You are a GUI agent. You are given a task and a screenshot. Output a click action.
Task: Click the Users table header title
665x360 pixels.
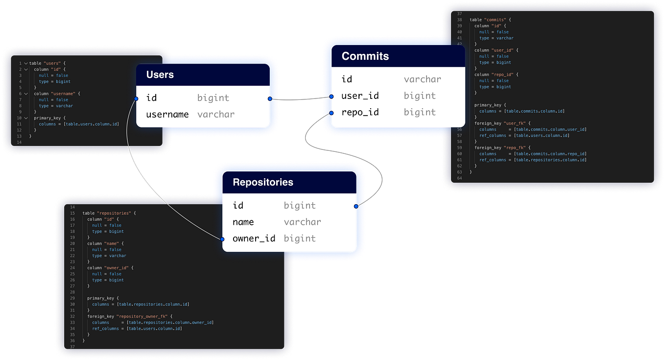[x=160, y=75]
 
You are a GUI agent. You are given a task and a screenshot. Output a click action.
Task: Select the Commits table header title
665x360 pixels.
[x=365, y=56]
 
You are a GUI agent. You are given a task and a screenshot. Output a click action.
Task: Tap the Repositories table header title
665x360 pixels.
[x=262, y=182]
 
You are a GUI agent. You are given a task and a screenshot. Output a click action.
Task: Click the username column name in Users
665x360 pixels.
[x=167, y=115]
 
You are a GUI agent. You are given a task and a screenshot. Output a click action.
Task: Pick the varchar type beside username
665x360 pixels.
[x=216, y=115]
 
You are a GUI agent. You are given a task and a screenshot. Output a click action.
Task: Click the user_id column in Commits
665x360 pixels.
[x=360, y=96]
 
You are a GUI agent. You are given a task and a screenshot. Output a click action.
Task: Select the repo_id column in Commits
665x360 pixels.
[x=360, y=112]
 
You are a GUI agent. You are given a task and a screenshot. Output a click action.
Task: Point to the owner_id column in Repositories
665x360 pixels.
[x=254, y=239]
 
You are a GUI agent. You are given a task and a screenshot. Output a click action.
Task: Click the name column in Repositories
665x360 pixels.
[x=243, y=222]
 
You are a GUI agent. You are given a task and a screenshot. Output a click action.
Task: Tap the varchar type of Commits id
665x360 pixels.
[x=422, y=79]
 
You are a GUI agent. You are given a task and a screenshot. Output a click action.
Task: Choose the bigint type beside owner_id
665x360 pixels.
[x=300, y=239]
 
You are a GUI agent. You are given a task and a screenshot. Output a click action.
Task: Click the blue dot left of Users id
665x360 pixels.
[x=137, y=98]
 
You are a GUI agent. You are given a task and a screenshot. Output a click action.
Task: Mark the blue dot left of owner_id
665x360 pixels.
[x=222, y=239]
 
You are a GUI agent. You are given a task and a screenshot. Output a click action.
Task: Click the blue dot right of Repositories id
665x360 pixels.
[x=356, y=206]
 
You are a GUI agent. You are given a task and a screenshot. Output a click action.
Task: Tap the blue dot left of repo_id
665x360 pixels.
[x=332, y=113]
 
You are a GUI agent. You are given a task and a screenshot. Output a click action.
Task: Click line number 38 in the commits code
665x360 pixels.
[x=459, y=20]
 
